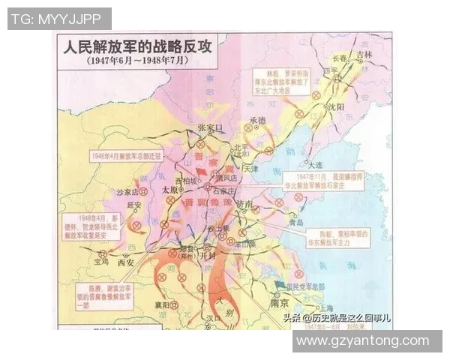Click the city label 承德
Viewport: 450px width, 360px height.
[x=258, y=120]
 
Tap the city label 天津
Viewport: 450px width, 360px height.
[x=250, y=168]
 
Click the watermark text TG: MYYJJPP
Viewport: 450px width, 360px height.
[x=58, y=17]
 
